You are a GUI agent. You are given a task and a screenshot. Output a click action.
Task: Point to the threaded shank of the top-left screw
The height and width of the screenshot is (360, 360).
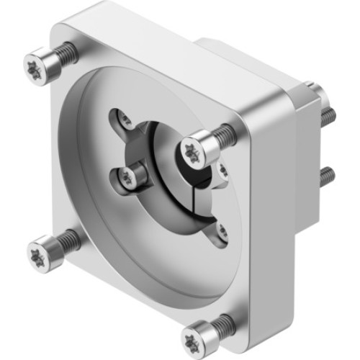66,52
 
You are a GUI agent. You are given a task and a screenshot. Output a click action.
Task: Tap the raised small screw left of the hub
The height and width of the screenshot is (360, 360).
130,174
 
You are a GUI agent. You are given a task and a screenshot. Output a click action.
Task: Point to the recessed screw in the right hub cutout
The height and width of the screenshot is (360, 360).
222,170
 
